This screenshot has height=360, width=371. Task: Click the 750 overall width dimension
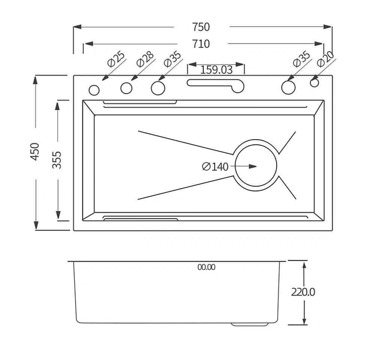201,27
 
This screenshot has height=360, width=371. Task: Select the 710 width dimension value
201,44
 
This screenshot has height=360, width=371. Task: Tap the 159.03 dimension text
216,70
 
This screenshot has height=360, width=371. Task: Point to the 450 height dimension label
35,151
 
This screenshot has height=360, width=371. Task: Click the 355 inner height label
57,160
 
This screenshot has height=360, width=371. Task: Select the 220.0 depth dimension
303,292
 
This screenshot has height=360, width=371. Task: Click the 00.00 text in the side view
206,267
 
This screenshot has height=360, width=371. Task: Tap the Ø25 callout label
116,59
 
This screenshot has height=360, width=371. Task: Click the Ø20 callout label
325,58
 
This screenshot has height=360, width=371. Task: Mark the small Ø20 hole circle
314,82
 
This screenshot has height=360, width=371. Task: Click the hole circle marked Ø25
94,90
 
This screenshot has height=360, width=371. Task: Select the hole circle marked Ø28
126,88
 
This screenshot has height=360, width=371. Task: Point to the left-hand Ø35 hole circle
158,88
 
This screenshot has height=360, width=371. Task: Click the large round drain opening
256,166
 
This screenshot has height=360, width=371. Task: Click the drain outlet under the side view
250,324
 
